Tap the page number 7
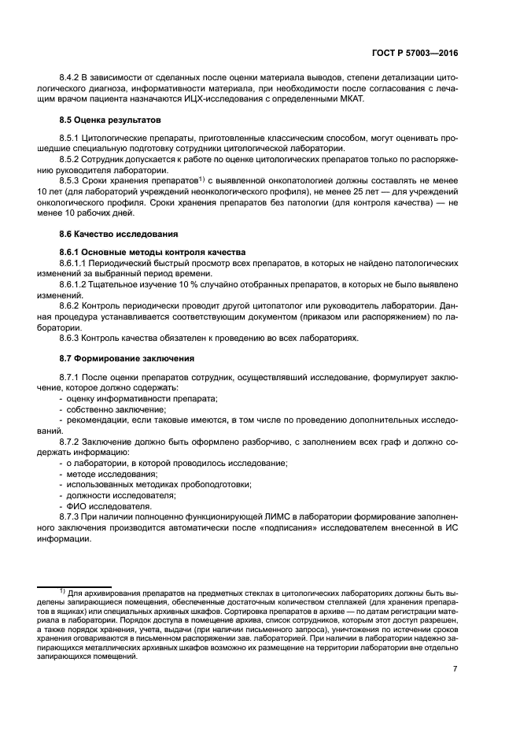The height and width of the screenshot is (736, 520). click(455, 669)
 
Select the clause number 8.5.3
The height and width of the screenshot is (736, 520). click(72, 179)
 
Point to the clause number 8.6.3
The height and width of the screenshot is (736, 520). click(72, 338)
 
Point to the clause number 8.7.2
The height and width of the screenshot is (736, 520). click(72, 442)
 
